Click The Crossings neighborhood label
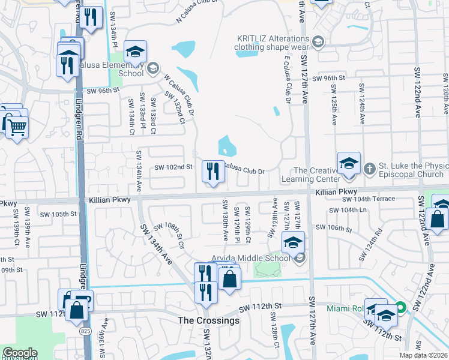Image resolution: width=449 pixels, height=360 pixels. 208,320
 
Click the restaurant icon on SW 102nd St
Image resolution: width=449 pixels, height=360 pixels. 214,172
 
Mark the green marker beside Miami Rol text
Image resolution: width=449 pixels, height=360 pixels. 401,308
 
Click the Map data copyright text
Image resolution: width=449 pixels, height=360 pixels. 424,355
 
